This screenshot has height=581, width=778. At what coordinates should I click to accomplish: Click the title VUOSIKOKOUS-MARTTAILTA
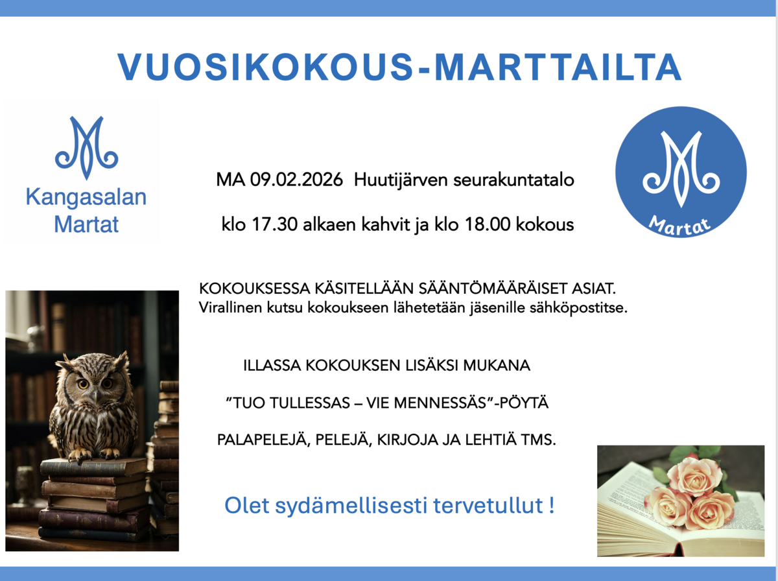click(399, 67)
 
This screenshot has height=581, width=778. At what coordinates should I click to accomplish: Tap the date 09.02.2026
click(297, 180)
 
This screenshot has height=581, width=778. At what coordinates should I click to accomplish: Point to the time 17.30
click(275, 224)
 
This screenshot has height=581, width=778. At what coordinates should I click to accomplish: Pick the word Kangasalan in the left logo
click(86, 197)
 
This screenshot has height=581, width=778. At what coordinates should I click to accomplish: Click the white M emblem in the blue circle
click(681, 169)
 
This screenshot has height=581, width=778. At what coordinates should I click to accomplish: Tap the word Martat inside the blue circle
click(680, 226)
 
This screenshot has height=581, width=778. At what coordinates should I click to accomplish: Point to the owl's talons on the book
click(95, 455)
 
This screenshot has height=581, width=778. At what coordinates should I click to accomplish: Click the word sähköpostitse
click(578, 308)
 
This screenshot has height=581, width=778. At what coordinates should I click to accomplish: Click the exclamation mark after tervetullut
click(552, 504)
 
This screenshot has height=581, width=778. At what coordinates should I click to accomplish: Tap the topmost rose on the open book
click(694, 475)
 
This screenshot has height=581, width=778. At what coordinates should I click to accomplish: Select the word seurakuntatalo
click(513, 180)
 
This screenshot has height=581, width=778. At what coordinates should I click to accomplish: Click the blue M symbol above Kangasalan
click(86, 147)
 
